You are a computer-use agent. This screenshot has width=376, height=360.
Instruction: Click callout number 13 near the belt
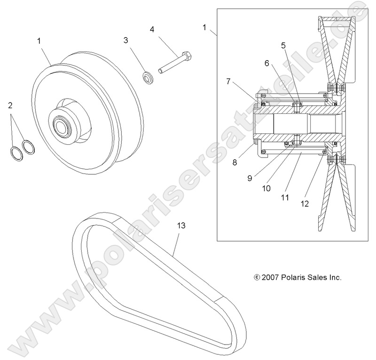point(181,226)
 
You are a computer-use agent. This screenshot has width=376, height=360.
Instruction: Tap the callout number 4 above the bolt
point(152,29)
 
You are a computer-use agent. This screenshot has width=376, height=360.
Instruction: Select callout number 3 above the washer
point(126,40)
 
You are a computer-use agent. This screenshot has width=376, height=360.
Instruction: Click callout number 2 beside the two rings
point(10,105)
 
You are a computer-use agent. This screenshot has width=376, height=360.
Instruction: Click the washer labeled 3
point(147,77)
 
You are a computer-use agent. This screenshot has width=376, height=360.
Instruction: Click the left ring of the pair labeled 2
point(16,153)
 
